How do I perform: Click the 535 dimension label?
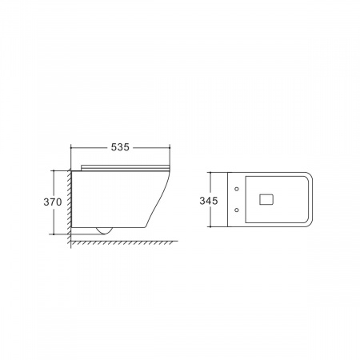click(120, 147)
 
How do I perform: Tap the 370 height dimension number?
click(53, 202)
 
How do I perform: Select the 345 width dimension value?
click(209, 201)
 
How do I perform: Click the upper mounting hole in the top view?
click(237, 189)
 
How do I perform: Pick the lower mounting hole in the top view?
click(237, 210)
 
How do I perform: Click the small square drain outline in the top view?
click(266, 199)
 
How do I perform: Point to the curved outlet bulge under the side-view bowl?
click(105, 231)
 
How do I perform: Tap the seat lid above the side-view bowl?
click(125, 167)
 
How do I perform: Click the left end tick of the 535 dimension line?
click(71, 147)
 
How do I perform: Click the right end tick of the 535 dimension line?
click(170, 147)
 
